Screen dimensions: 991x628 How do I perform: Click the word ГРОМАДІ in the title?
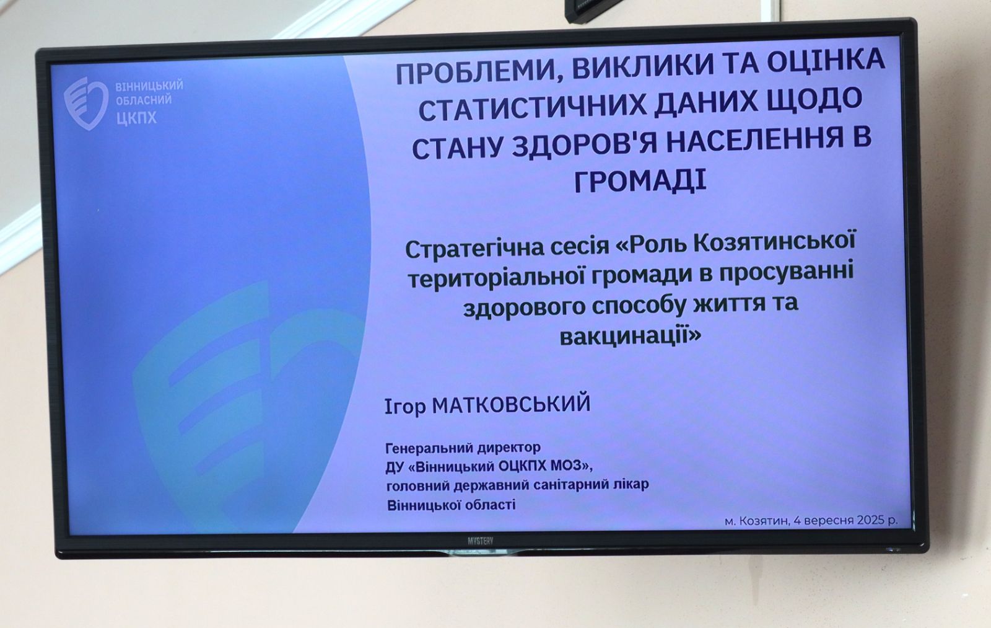(x=640, y=181)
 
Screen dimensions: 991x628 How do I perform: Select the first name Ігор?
(x=405, y=407)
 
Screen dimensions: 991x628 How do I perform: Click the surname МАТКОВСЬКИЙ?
(x=512, y=404)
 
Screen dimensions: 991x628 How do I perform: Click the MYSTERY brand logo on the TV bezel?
(x=481, y=541)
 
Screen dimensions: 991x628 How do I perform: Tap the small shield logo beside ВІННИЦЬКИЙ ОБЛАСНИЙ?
(x=86, y=104)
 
